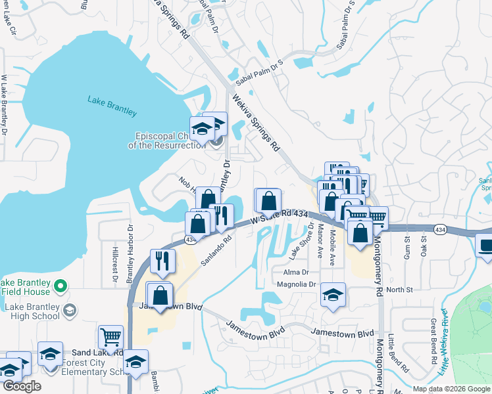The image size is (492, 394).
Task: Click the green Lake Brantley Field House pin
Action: click(61, 286)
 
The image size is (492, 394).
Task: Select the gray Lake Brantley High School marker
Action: click(68, 309)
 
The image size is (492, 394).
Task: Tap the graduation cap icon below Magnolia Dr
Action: click(333, 295)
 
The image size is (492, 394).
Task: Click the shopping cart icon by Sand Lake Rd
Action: click(111, 338)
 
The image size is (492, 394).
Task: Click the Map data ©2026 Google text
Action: click(451, 389)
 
